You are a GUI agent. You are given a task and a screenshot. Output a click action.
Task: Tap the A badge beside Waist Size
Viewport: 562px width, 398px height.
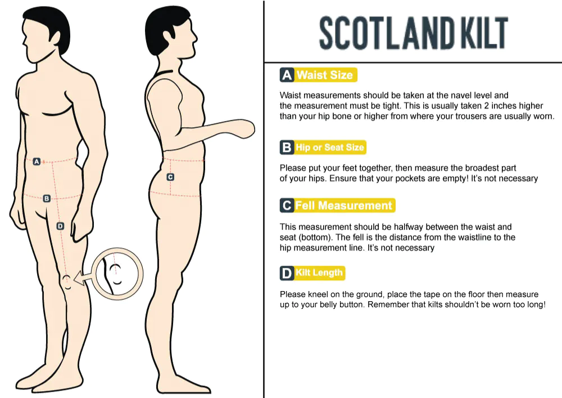[x=287, y=75]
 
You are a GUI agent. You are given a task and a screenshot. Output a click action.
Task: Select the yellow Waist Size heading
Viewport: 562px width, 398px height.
[x=325, y=75]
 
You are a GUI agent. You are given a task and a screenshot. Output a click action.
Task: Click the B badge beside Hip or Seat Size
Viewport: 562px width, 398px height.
[x=287, y=147]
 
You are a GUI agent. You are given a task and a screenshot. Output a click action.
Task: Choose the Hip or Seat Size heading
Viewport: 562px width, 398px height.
[x=330, y=147]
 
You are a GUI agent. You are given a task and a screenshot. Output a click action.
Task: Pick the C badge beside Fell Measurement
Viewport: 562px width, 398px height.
[x=287, y=205]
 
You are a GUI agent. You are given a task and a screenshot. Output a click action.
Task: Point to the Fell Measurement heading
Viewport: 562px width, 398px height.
[x=345, y=205]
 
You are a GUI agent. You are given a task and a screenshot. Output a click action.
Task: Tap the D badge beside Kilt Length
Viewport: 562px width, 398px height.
[x=287, y=273]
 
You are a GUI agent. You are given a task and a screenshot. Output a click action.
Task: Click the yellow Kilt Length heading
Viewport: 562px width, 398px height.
[x=319, y=273]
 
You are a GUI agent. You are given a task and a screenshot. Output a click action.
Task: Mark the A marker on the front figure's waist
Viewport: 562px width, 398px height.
[x=37, y=162]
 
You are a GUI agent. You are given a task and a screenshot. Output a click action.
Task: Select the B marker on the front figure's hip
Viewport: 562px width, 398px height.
[x=47, y=198]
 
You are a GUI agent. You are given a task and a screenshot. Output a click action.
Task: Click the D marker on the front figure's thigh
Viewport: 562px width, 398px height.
[x=60, y=226]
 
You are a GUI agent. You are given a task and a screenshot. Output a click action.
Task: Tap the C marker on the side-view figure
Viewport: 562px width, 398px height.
[x=171, y=177]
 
